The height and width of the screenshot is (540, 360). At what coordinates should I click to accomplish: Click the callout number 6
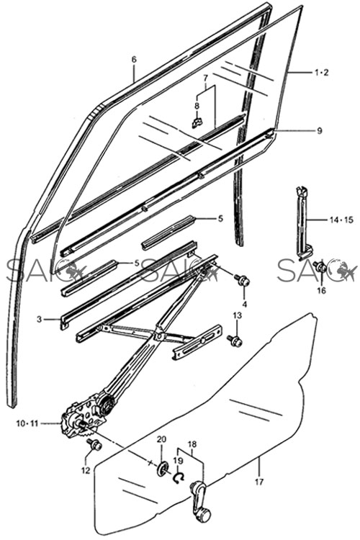134,60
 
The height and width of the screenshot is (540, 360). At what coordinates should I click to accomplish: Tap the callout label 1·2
321,72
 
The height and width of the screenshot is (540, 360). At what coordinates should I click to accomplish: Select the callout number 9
320,131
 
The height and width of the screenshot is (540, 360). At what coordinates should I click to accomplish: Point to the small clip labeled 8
197,122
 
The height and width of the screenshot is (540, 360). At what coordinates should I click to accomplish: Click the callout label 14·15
341,220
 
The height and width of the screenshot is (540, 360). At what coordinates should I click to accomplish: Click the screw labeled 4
243,279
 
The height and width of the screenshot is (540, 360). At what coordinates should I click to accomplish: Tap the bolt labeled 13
235,341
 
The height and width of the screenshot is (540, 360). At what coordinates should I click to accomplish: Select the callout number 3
40,319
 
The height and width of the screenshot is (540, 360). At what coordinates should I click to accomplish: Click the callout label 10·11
27,423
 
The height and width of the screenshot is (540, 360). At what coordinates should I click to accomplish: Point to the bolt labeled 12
94,445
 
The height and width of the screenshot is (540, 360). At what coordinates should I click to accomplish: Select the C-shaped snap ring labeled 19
179,477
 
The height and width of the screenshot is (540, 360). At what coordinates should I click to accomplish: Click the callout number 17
260,482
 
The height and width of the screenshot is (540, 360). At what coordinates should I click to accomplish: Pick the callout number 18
192,444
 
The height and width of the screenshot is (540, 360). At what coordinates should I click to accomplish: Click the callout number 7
205,77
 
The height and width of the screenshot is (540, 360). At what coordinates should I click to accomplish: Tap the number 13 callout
237,315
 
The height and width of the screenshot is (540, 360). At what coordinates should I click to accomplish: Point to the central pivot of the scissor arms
159,335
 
